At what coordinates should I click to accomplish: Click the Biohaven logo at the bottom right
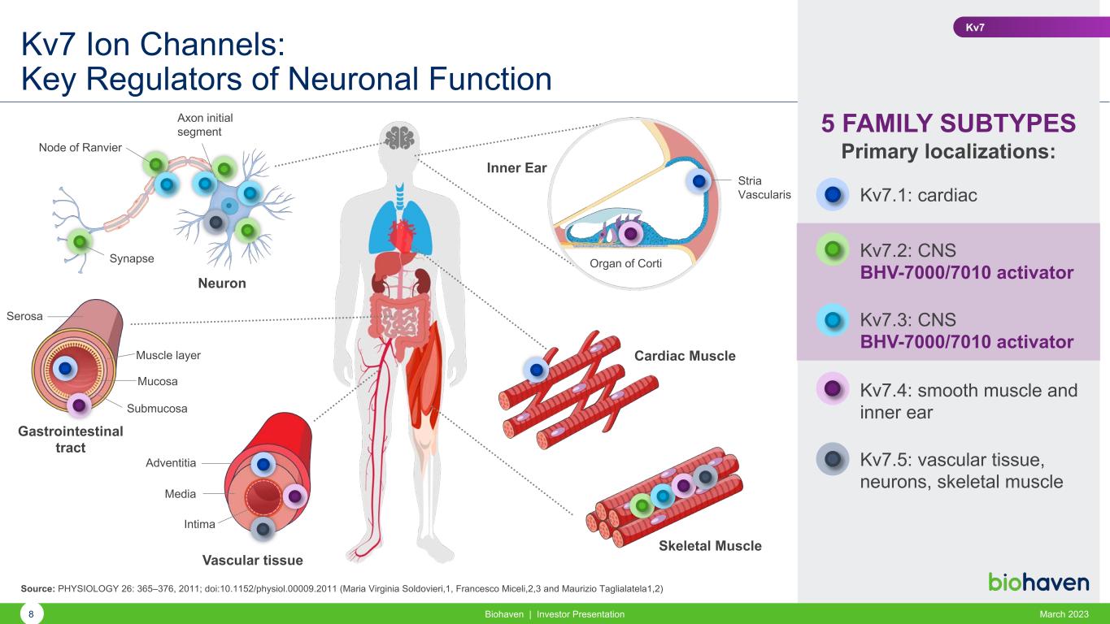pyautogui.click(x=1038, y=582)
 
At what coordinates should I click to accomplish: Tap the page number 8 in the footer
pyautogui.click(x=31, y=614)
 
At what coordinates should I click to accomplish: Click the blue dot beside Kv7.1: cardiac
pyautogui.click(x=832, y=195)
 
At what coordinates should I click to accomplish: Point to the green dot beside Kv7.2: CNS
pyautogui.click(x=832, y=249)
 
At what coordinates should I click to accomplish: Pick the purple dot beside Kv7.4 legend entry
pyautogui.click(x=832, y=389)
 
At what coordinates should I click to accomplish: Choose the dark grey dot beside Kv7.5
pyautogui.click(x=832, y=459)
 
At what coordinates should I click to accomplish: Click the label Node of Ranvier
pyautogui.click(x=81, y=147)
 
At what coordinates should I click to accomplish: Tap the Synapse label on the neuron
pyautogui.click(x=132, y=258)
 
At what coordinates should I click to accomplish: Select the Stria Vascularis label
pyautogui.click(x=764, y=188)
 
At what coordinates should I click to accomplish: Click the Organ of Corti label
pyautogui.click(x=625, y=263)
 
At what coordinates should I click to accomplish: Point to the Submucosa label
pyautogui.click(x=157, y=408)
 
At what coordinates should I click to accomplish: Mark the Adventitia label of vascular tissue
pyautogui.click(x=171, y=462)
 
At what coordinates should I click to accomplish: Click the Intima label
pyautogui.click(x=199, y=524)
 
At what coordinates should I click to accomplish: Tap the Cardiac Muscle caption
pyautogui.click(x=684, y=356)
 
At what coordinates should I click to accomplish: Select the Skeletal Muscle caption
pyautogui.click(x=709, y=546)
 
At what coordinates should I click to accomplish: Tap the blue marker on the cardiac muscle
pyautogui.click(x=536, y=370)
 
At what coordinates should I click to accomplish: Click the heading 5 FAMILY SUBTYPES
pyautogui.click(x=948, y=123)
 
